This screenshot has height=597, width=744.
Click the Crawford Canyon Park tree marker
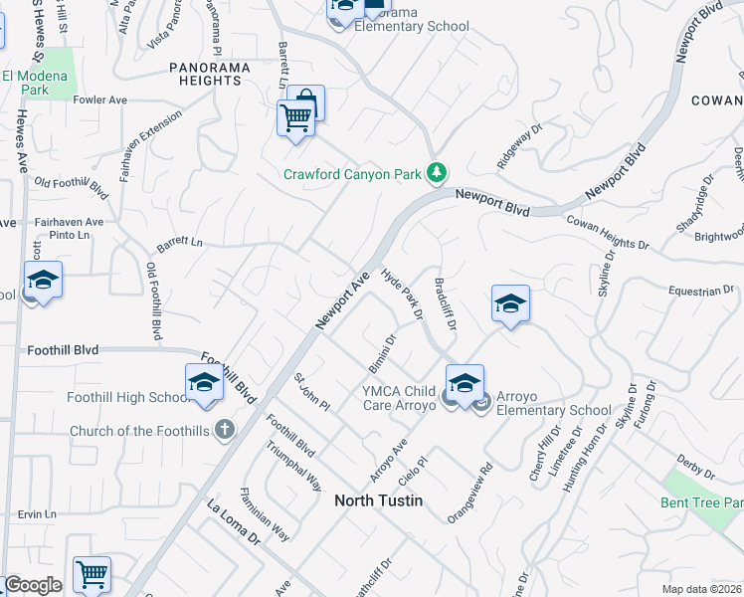(436, 174)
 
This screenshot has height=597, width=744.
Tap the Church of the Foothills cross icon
(225, 431)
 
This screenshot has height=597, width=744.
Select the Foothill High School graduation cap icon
(204, 383)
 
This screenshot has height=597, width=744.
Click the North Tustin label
(378, 500)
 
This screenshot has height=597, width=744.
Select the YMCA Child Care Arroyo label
(399, 398)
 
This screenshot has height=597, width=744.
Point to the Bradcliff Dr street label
(445, 303)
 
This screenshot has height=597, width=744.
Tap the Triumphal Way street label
(294, 466)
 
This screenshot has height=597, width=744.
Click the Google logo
(33, 585)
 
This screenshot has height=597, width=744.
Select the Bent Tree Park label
(701, 502)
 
